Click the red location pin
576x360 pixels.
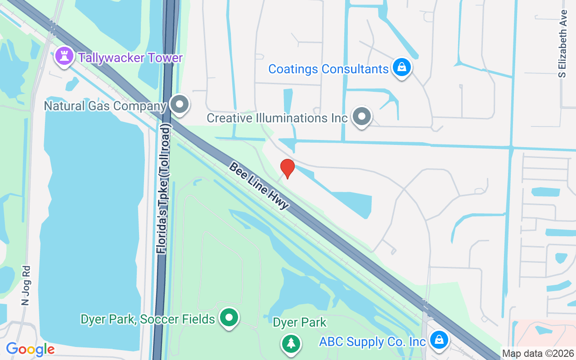coord(287,168)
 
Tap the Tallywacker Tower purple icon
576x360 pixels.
coord(64,57)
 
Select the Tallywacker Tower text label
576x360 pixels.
coord(130,58)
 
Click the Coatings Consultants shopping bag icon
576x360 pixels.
coord(401,67)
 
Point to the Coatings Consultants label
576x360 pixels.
coord(328,69)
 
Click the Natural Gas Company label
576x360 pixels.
coord(105,106)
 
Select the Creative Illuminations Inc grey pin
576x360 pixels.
coord(361,116)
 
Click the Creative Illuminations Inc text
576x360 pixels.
coord(277,118)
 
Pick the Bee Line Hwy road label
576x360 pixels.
coord(258,185)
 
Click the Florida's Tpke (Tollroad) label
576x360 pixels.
coord(165,191)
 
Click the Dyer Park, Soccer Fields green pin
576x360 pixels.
coord(229,318)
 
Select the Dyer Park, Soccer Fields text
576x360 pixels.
coord(148,319)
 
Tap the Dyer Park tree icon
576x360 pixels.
coord(291,343)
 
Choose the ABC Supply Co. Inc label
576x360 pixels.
coord(372,342)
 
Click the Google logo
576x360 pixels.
coord(30,349)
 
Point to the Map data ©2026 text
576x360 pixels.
coord(538,354)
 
